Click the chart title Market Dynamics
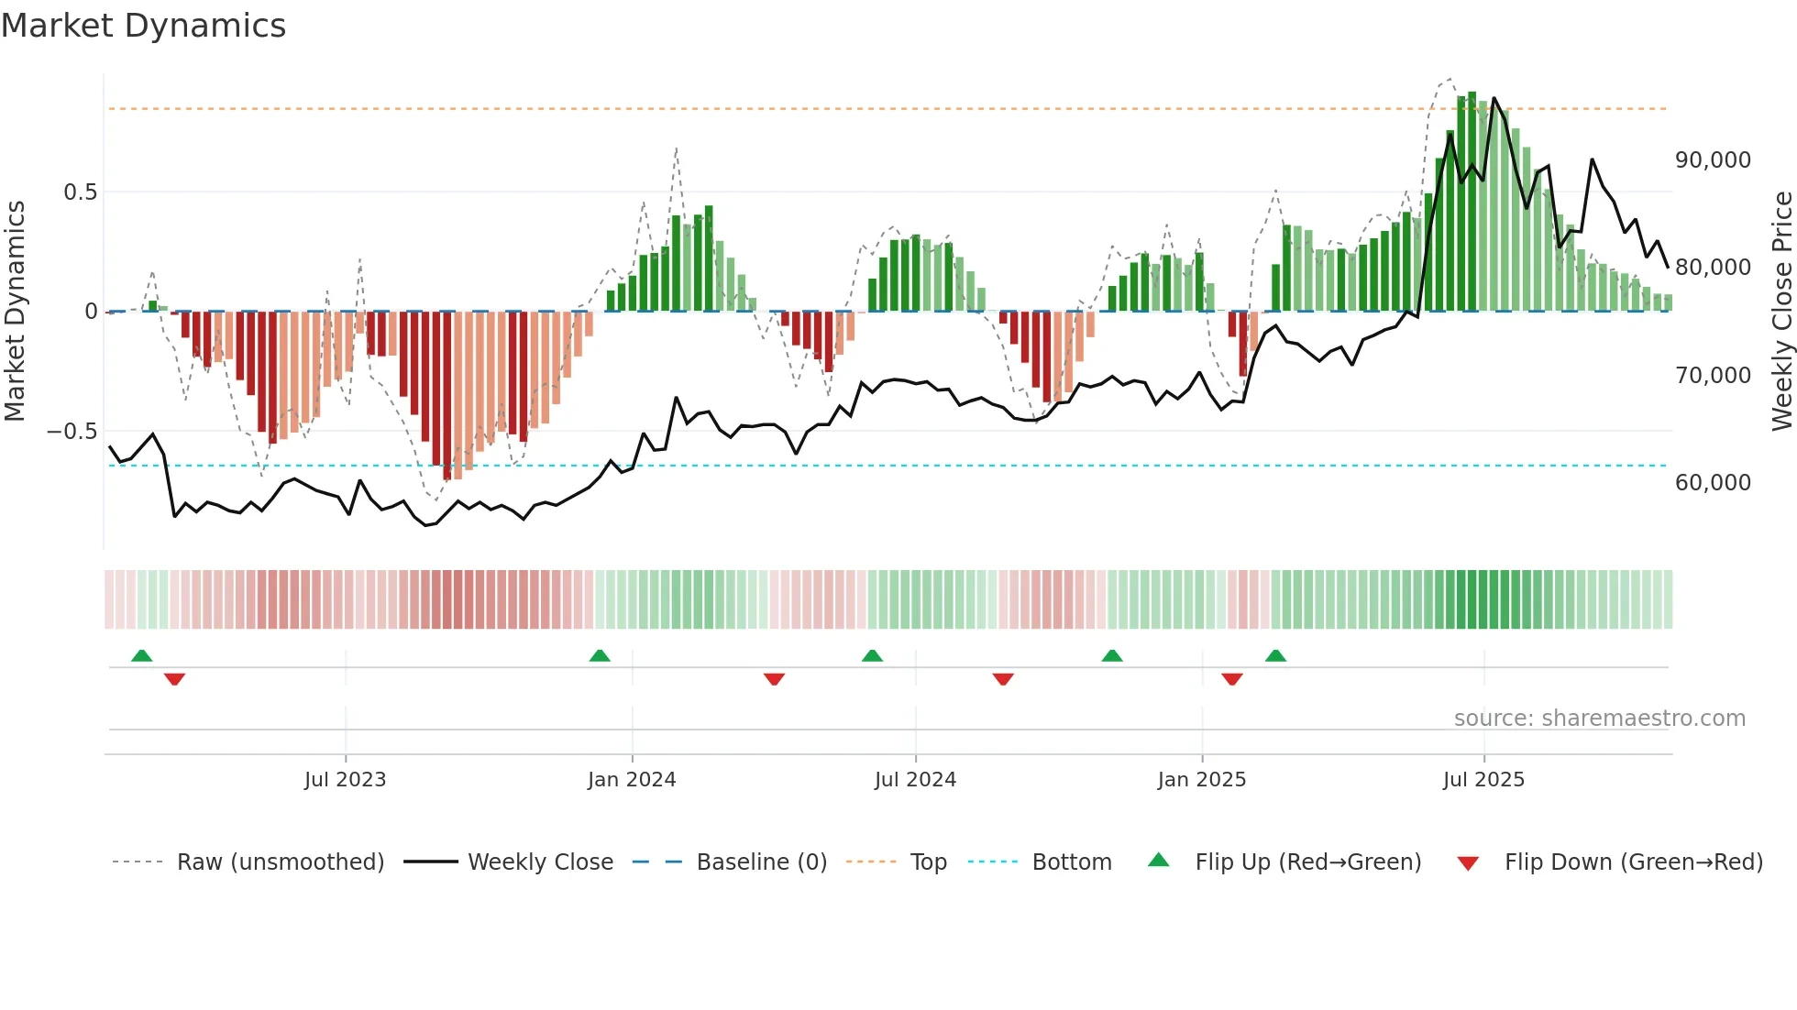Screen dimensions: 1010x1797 click(143, 26)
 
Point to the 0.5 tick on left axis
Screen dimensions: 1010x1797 click(80, 192)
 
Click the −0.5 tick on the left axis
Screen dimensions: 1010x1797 click(72, 432)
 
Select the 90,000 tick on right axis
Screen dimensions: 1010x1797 click(1713, 160)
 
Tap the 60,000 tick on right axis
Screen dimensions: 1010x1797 click(1713, 483)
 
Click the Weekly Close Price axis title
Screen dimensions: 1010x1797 click(1781, 312)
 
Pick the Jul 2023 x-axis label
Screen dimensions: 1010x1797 click(345, 780)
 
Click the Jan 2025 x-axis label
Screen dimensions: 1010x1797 click(1201, 780)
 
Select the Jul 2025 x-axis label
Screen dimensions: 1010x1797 click(1483, 780)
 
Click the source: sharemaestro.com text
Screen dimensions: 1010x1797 click(1599, 719)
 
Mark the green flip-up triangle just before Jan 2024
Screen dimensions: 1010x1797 click(600, 656)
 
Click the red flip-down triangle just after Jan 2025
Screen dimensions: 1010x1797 click(1231, 679)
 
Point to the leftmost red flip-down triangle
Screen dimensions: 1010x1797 click(174, 679)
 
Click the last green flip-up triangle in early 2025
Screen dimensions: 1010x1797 click(1275, 656)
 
